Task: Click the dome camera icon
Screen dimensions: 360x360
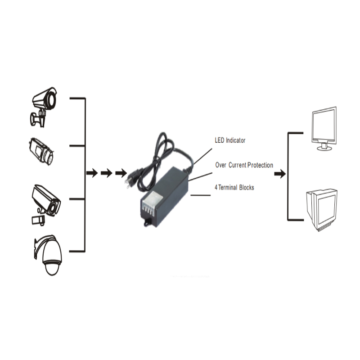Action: pos(49,255)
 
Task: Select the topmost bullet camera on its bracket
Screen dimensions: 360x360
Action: pos(44,107)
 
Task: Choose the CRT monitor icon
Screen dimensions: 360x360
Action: pos(322,210)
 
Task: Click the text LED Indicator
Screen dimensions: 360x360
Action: pos(230,140)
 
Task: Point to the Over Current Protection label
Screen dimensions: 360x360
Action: pos(244,165)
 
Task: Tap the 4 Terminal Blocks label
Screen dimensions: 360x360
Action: pos(234,188)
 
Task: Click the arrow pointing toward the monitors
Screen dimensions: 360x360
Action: pos(280,174)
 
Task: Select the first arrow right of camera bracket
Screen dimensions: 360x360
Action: pos(92,173)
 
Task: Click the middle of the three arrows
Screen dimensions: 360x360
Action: pos(106,173)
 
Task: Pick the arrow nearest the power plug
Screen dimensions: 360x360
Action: pos(121,173)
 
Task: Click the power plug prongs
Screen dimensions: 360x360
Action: pos(127,183)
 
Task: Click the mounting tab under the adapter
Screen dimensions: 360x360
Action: pos(147,222)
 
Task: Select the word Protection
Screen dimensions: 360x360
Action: pos(261,165)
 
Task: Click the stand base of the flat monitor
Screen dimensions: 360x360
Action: pos(324,148)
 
